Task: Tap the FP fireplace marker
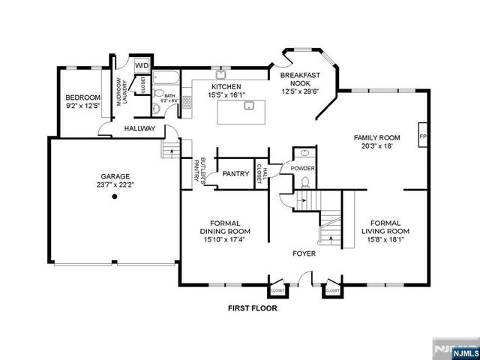(423, 137)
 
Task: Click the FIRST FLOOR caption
(252, 308)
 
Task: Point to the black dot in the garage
(115, 197)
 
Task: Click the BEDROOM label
(82, 97)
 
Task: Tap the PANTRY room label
(235, 174)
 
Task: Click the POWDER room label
(303, 168)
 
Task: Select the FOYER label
(304, 253)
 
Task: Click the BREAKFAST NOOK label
(299, 80)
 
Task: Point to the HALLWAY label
(139, 129)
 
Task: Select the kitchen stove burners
(186, 103)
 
